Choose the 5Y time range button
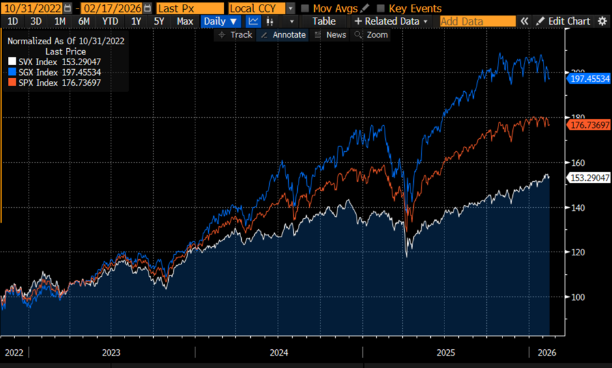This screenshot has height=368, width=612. pyautogui.click(x=159, y=21)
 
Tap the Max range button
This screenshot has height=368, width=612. pyautogui.click(x=184, y=21)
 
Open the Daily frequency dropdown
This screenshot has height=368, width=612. pyautogui.click(x=221, y=21)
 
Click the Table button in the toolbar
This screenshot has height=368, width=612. pyautogui.click(x=323, y=21)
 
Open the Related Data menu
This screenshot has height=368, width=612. pyautogui.click(x=391, y=21)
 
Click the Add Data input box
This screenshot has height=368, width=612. pyautogui.click(x=477, y=21)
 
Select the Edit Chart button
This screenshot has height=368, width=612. pyautogui.click(x=564, y=21)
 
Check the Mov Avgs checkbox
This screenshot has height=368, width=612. pyautogui.click(x=305, y=8)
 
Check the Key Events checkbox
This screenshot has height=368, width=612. pyautogui.click(x=381, y=8)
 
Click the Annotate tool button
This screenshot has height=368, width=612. pyautogui.click(x=283, y=35)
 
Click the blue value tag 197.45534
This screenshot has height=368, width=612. pyautogui.click(x=589, y=78)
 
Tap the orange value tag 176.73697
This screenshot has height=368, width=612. pyautogui.click(x=589, y=124)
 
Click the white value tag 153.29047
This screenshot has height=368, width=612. pyautogui.click(x=589, y=177)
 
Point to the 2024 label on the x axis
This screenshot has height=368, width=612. pyautogui.click(x=279, y=353)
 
